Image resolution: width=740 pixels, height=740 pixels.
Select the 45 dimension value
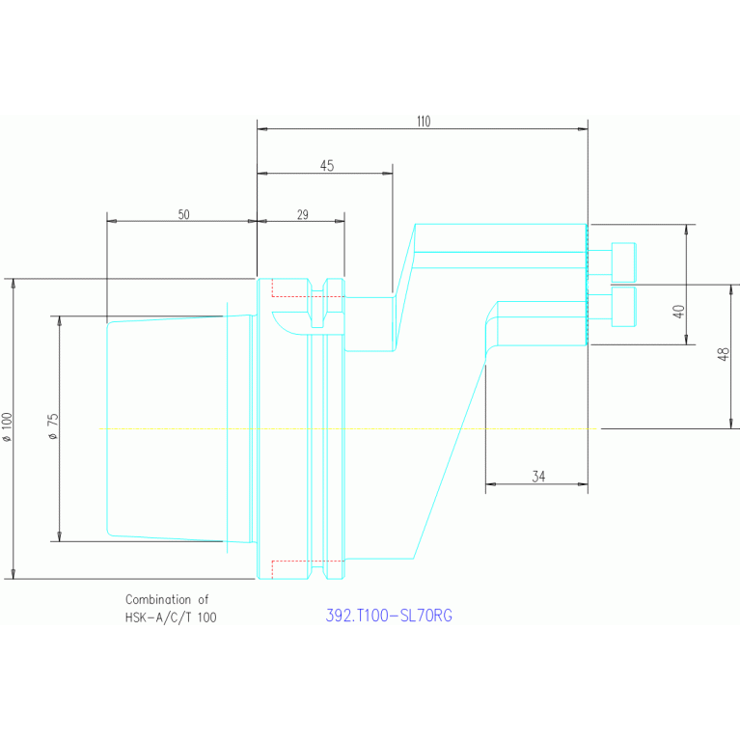[326, 166]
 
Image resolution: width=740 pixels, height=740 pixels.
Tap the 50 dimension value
[183, 214]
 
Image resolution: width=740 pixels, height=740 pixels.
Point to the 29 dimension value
[301, 214]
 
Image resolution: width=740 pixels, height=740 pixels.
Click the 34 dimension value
[537, 476]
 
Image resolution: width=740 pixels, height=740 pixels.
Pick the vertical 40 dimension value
[679, 312]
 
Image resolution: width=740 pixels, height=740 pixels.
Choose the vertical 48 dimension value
[724, 355]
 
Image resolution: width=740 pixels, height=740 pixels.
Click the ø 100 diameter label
[9, 427]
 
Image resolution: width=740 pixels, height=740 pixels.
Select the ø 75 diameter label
[54, 427]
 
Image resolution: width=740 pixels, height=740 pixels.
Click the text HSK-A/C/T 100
[171, 617]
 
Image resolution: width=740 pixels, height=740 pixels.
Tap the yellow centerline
[386, 427]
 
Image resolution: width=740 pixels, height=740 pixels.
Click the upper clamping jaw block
[500, 246]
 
